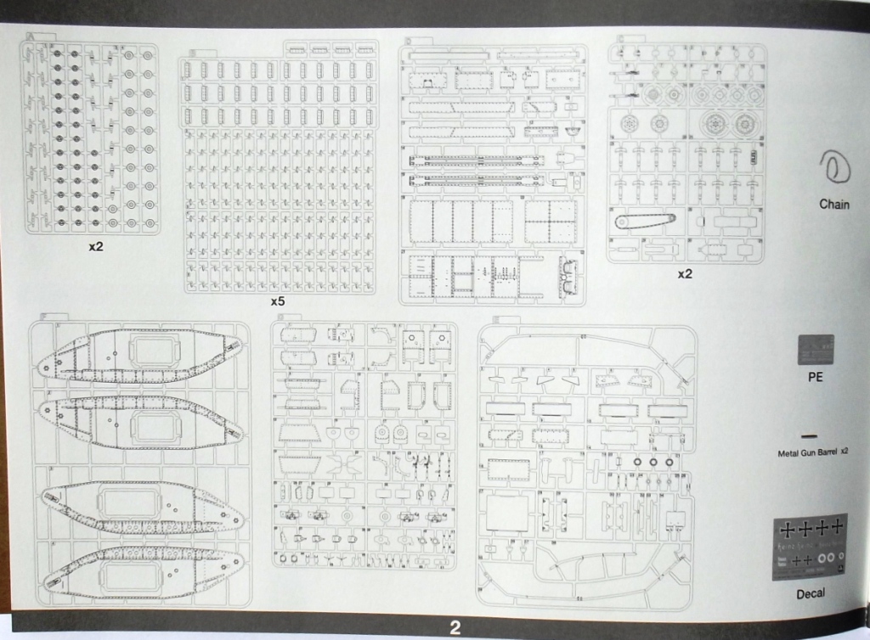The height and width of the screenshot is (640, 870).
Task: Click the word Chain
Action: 833,205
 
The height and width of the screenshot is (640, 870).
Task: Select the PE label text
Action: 815,378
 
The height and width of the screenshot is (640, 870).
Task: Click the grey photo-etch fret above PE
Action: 816,350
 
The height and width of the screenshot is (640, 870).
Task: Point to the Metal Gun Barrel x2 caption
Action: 813,453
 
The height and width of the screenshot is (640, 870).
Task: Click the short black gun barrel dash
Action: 810,435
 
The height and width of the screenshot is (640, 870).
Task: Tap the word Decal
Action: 811,593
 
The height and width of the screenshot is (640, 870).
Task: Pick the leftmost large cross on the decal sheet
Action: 788,530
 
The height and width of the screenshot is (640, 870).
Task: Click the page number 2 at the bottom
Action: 455,629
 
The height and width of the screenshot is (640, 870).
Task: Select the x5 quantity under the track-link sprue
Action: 276,302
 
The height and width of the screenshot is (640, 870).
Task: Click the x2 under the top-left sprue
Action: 95,248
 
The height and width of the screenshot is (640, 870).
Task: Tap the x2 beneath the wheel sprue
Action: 685,274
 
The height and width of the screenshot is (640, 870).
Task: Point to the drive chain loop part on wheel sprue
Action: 644,222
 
